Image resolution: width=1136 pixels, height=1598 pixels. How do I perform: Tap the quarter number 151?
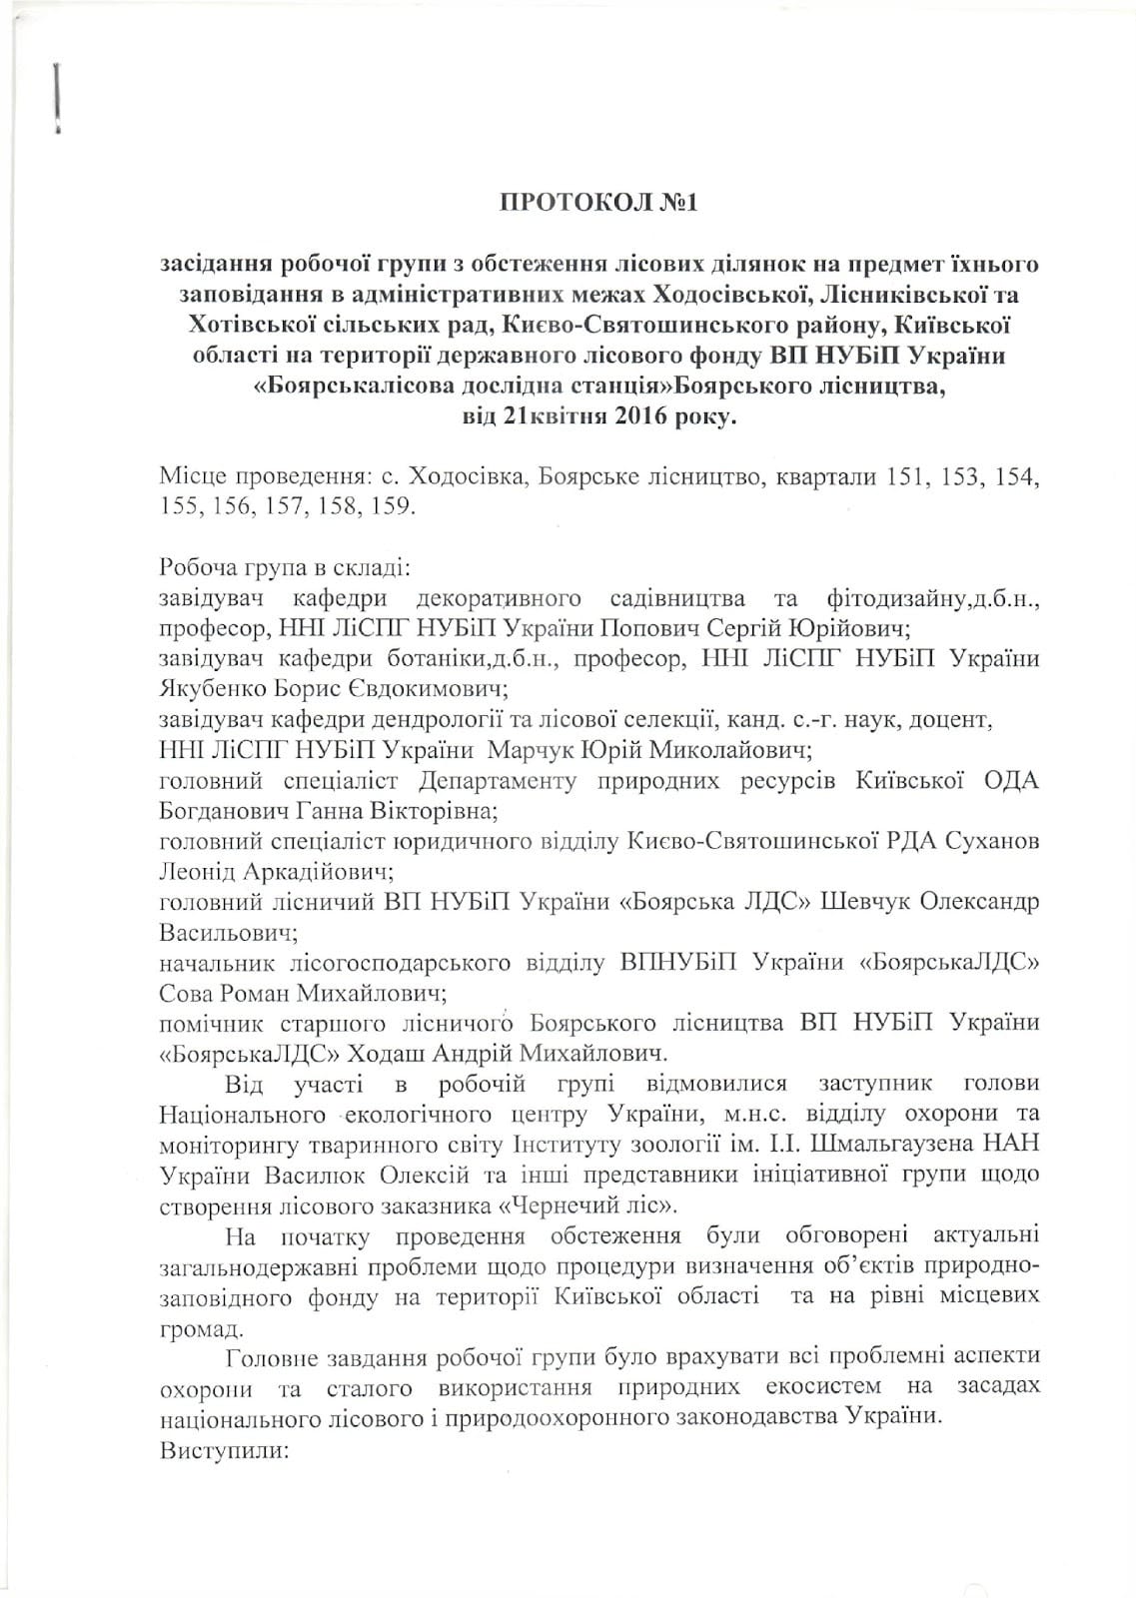pos(889,477)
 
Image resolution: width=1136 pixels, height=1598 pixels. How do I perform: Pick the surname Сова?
pos(187,994)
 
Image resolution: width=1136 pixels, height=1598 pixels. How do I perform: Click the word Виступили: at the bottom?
pos(223,1448)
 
